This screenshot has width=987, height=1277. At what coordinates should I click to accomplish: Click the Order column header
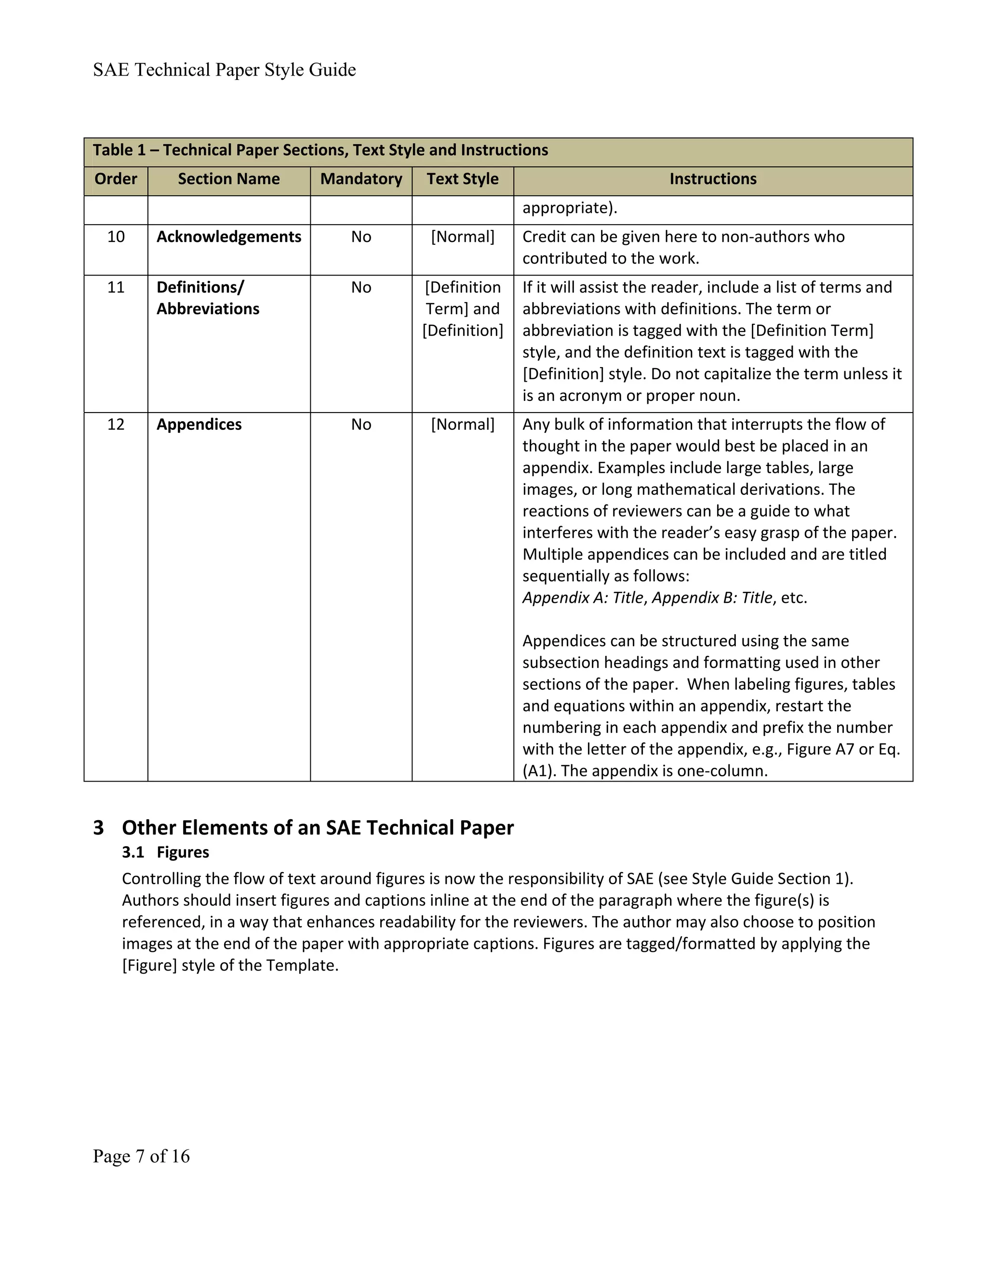[116, 179]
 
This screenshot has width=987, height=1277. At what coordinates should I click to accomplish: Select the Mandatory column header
[361, 179]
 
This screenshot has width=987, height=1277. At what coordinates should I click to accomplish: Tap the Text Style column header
[463, 179]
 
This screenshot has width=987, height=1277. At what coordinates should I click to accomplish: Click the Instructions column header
[713, 179]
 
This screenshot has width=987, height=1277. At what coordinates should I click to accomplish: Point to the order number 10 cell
[116, 237]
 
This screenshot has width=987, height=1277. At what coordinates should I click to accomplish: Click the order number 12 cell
[116, 425]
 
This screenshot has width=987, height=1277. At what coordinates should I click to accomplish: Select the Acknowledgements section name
[228, 237]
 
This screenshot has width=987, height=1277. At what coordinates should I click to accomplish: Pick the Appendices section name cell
[199, 425]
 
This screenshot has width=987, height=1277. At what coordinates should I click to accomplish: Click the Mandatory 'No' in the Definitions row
[361, 288]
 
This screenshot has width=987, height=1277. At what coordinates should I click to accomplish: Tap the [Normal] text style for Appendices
[463, 425]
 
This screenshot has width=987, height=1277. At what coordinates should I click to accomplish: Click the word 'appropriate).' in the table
[570, 208]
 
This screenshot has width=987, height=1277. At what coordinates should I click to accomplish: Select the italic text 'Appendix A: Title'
[582, 598]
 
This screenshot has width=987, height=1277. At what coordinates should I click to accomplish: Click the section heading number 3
[98, 828]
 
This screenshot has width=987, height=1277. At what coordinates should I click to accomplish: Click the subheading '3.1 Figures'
[165, 852]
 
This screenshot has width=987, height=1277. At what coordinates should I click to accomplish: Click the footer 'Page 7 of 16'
[141, 1156]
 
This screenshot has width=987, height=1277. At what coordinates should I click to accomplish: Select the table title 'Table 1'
[119, 150]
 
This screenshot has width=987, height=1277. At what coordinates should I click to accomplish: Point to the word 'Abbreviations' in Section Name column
[208, 309]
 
